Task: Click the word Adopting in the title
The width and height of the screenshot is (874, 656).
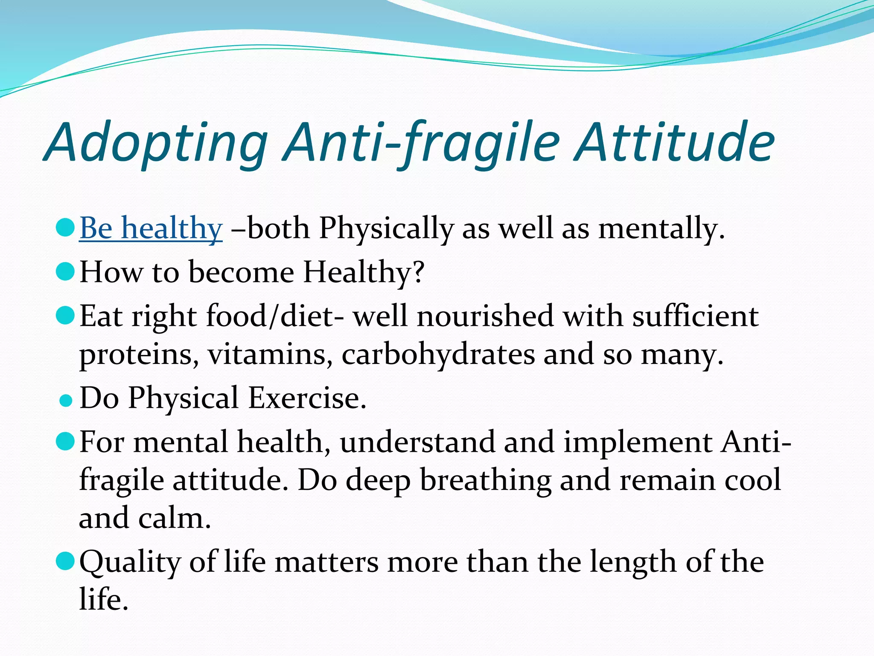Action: click(x=156, y=143)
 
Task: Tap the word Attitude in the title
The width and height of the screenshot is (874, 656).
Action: click(x=674, y=143)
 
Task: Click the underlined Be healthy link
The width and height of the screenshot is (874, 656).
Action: click(x=151, y=228)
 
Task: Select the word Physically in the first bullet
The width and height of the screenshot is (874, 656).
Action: click(x=386, y=228)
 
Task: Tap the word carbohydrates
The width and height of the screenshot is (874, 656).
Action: click(x=438, y=354)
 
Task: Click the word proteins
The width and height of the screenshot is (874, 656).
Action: click(x=138, y=354)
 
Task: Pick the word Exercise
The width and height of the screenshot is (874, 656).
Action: click(x=307, y=398)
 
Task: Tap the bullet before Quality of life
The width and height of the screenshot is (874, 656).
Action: click(x=66, y=561)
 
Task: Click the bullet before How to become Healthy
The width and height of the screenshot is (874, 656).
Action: click(x=66, y=272)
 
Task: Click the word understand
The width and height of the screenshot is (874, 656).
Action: click(x=417, y=442)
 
